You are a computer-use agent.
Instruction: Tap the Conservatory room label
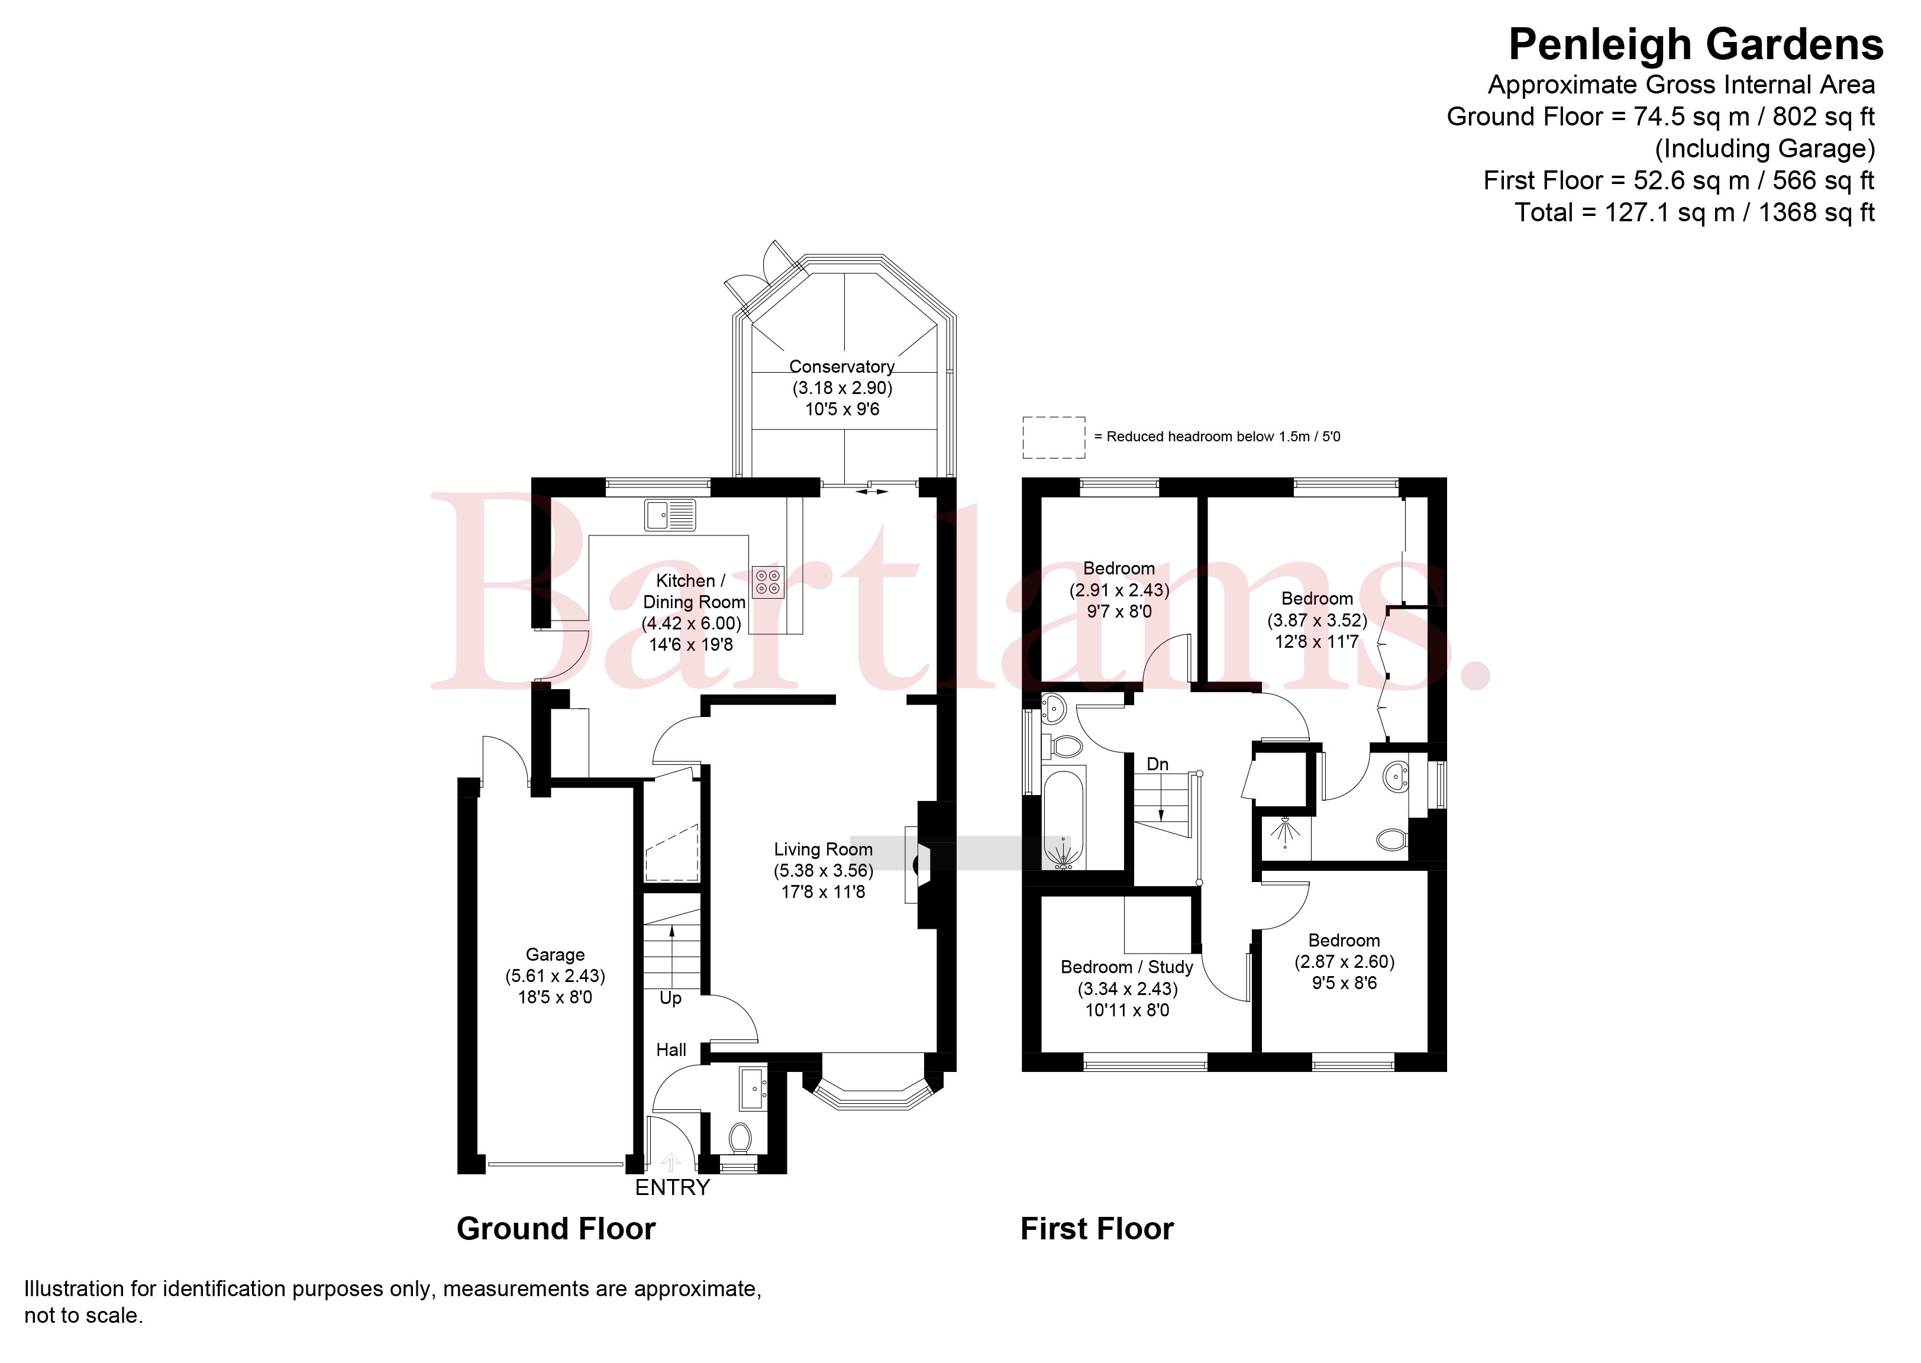[842, 367]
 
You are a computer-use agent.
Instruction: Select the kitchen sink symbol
[670, 515]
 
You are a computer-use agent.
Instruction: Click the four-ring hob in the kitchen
[768, 582]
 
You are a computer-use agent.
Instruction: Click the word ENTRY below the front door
[672, 1187]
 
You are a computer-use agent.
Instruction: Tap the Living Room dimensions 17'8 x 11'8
[824, 892]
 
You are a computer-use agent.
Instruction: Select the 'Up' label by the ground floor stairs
[670, 999]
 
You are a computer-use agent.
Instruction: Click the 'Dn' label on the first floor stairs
[1157, 764]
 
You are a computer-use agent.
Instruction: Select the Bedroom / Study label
[1126, 967]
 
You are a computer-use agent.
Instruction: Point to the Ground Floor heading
[556, 1229]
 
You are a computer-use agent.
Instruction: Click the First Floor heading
[1097, 1229]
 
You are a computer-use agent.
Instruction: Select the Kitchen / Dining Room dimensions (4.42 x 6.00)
[692, 624]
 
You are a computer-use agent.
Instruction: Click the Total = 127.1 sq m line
[1694, 212]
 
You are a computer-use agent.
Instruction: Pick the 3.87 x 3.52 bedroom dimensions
[1317, 620]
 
